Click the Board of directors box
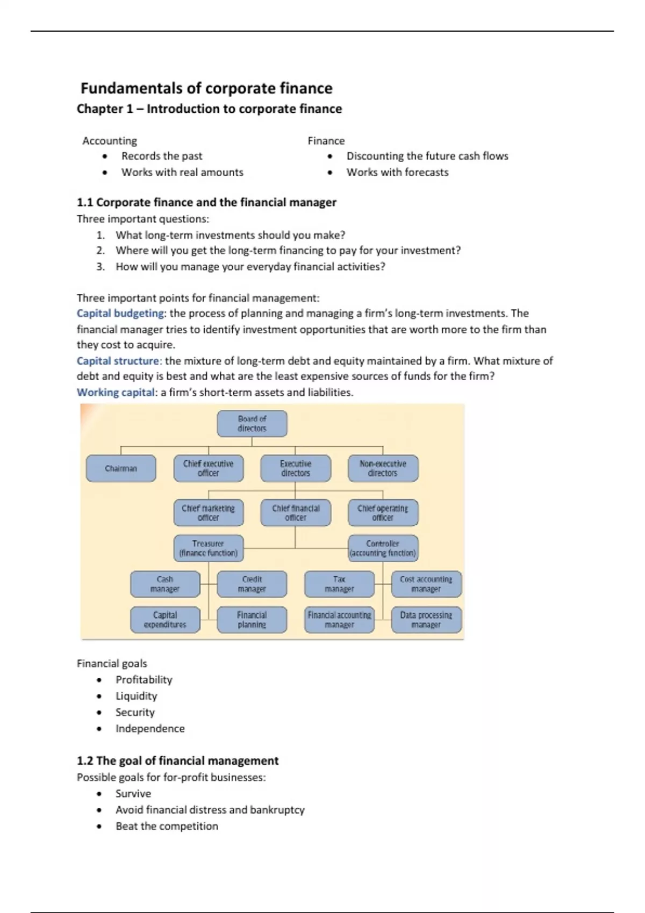[252, 424]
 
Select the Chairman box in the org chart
[121, 468]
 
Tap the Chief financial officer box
[296, 513]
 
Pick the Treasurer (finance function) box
[209, 548]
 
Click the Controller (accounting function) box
[383, 548]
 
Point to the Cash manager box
[165, 584]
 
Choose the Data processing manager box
[426, 620]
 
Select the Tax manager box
[339, 584]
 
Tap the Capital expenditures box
[165, 620]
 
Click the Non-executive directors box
[383, 468]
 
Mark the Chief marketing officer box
[209, 513]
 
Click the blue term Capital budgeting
[120, 313]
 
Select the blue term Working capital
[116, 393]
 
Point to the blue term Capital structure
[118, 361]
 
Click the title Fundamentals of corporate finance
[206, 88]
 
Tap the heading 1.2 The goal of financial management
[177, 761]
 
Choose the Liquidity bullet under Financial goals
[137, 696]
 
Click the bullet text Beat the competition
[167, 826]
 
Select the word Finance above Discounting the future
[326, 141]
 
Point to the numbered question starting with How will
[250, 267]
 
